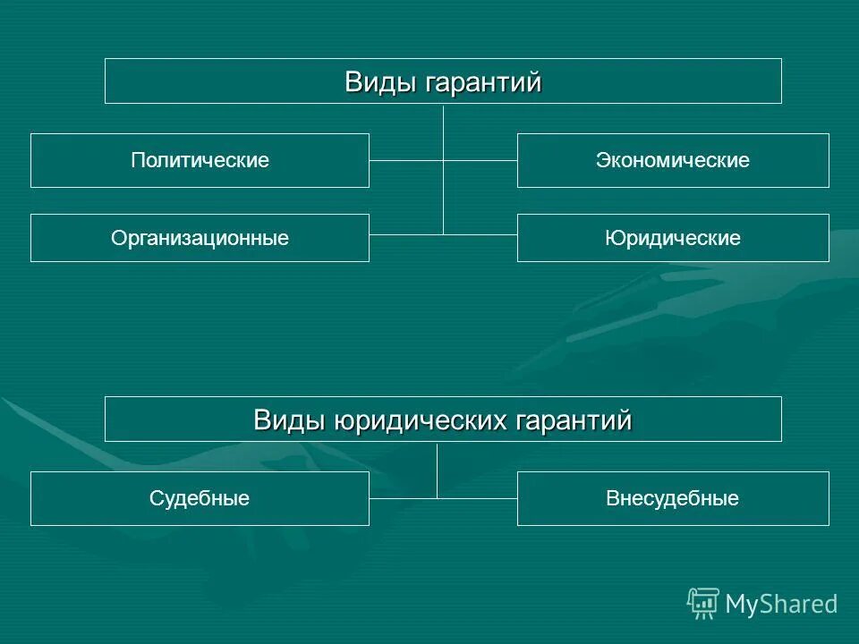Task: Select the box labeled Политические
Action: coord(200,161)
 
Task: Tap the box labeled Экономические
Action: coord(673,161)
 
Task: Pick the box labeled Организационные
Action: coord(200,238)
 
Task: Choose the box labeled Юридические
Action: coord(673,238)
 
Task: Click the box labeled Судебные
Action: coord(200,498)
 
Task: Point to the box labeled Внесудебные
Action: coord(673,498)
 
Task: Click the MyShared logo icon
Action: coord(703,604)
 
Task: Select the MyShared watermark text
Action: coord(782,605)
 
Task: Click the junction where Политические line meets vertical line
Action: coord(444,161)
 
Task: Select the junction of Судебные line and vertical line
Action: coord(438,497)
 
